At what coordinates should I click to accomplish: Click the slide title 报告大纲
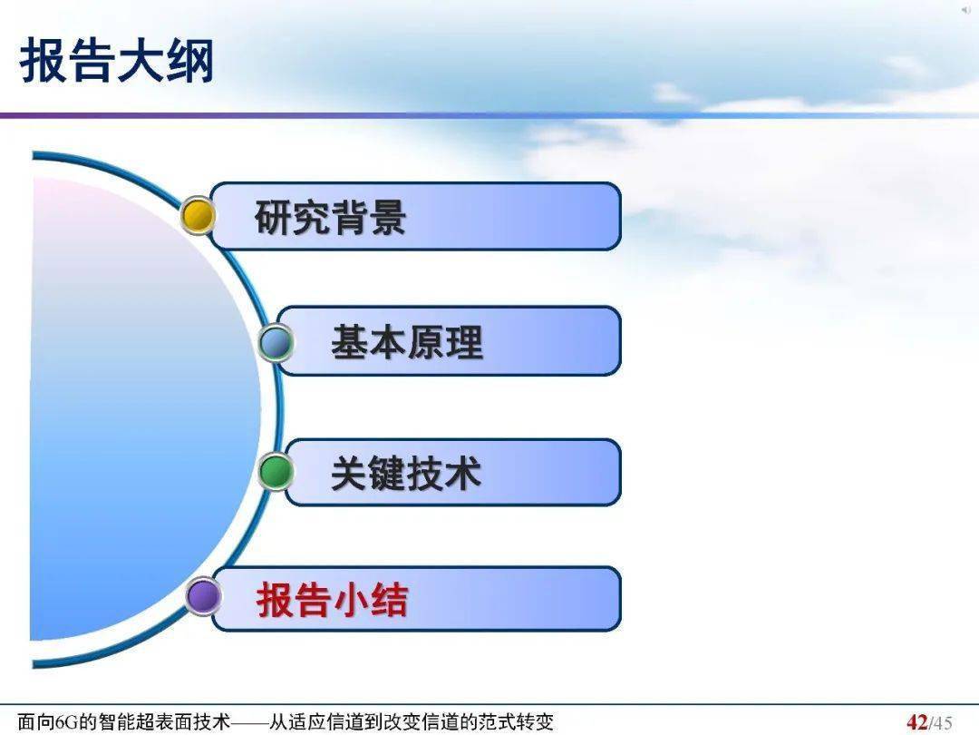click(x=117, y=61)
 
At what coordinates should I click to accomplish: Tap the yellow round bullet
click(x=198, y=216)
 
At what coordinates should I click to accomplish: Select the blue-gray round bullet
click(x=276, y=342)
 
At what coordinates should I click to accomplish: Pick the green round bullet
click(x=276, y=472)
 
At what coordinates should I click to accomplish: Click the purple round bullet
click(x=204, y=597)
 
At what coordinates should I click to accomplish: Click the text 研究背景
click(x=330, y=218)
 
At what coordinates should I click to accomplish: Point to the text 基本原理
click(x=406, y=342)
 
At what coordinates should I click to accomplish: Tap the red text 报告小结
click(x=332, y=601)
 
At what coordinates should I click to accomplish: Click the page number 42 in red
click(x=917, y=722)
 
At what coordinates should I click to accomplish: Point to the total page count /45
click(x=941, y=723)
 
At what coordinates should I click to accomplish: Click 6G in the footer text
click(x=68, y=722)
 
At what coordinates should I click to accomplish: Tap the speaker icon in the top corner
click(x=965, y=9)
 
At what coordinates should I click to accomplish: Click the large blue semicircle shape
click(x=136, y=408)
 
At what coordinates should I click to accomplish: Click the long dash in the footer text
click(x=250, y=722)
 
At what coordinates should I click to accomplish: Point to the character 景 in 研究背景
click(x=387, y=218)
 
